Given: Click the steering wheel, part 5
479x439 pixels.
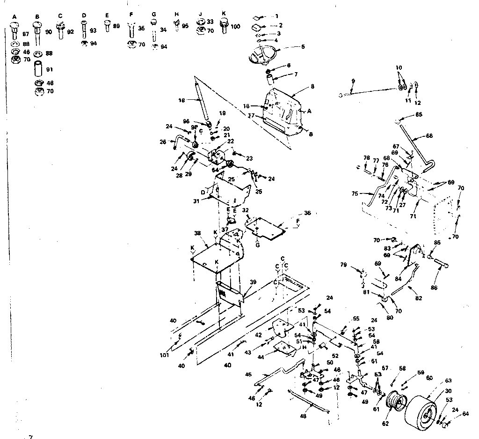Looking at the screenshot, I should pos(262,55).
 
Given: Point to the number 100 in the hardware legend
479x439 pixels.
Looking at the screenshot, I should pos(235,27).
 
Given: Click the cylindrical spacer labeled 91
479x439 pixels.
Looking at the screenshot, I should pos(38,69).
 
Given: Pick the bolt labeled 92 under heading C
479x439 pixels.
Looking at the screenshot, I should pos(60,31).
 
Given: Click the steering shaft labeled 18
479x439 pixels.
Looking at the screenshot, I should pos(202,102).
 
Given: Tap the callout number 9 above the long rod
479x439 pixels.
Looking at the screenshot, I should pos(353,81).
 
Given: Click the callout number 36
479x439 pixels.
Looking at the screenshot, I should pos(307,213).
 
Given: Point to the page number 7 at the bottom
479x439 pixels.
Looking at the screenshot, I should pos(31,437).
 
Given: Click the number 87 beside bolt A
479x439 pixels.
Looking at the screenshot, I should pos(25,35).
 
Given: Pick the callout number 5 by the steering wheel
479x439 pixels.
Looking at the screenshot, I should pos(303,46).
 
